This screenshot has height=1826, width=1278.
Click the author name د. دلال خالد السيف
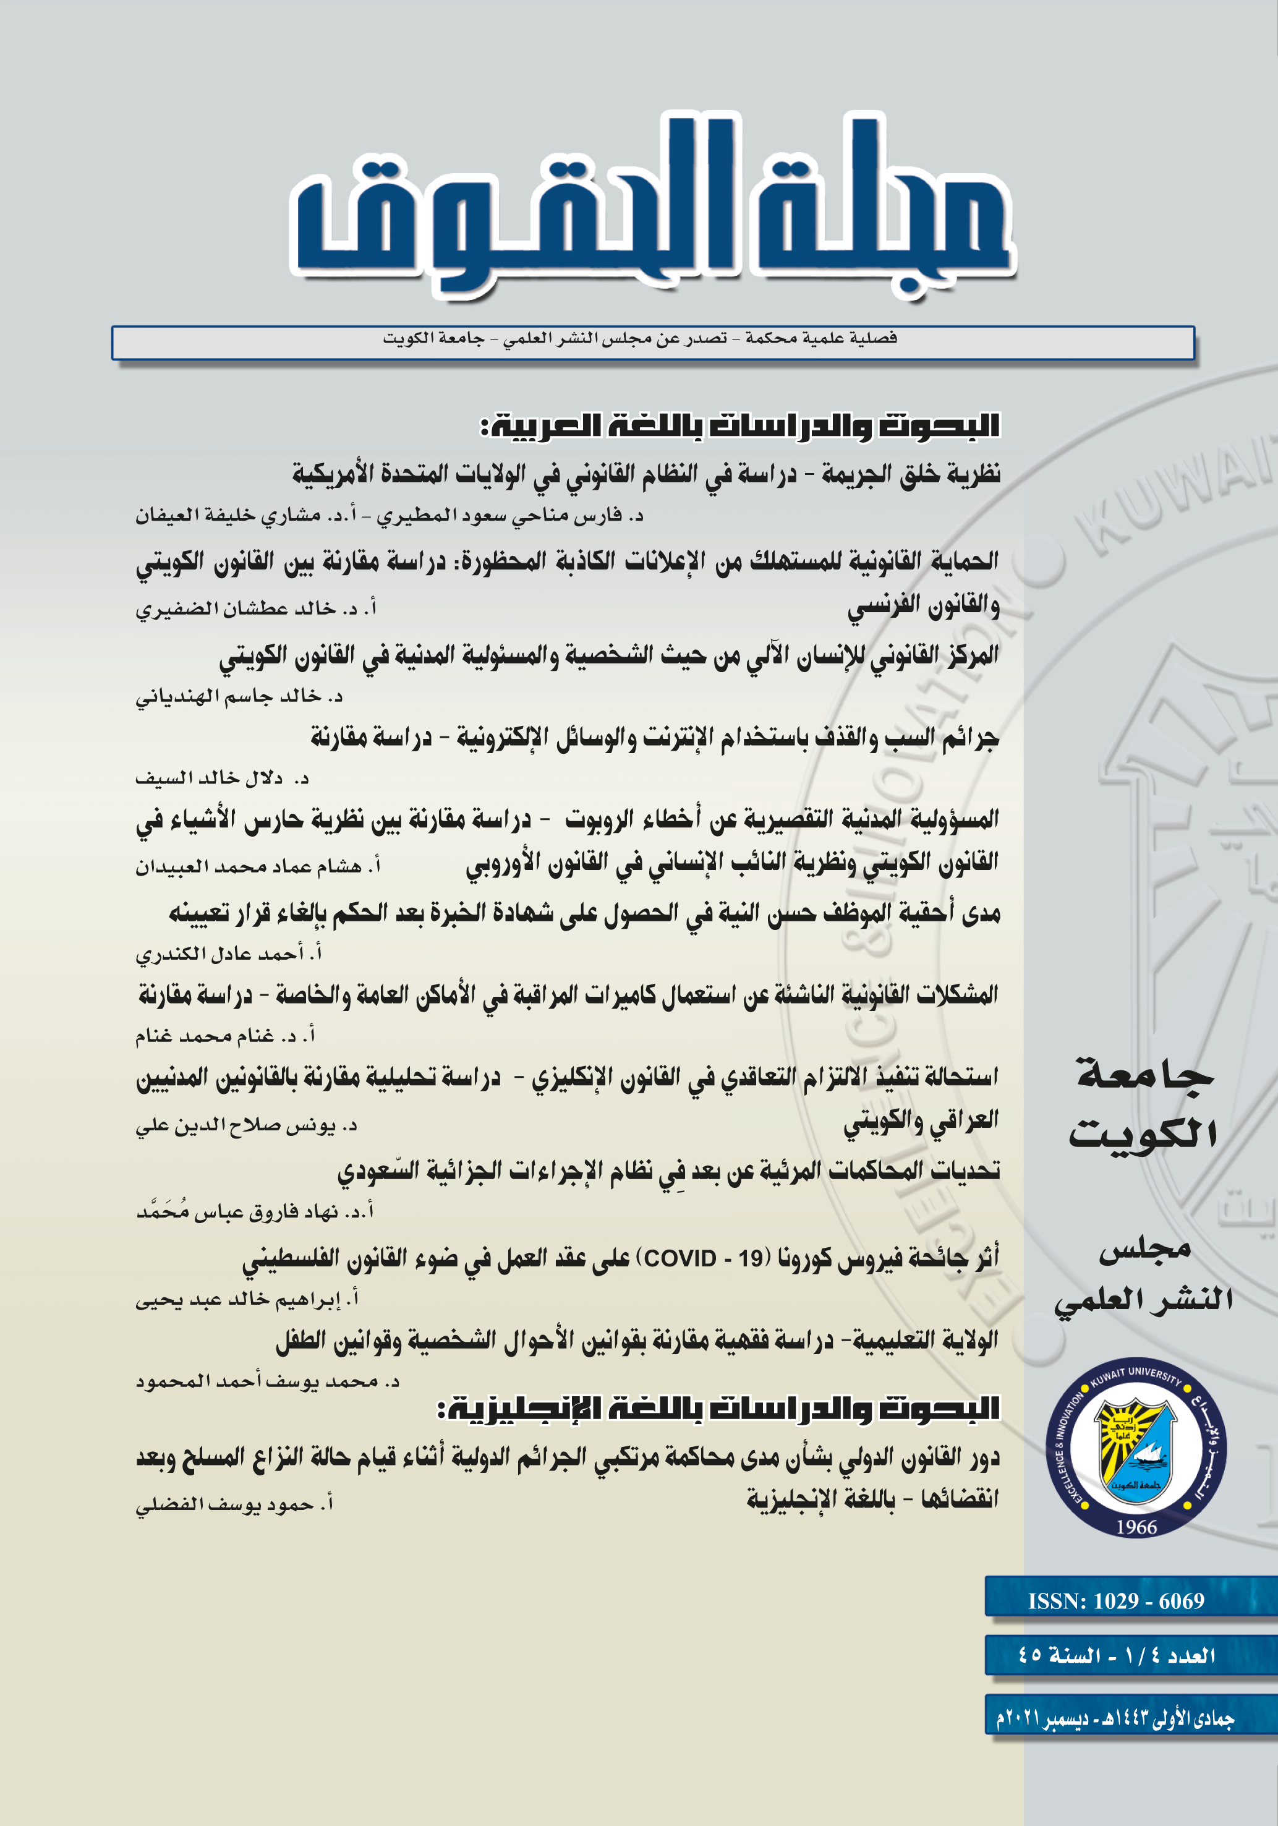coord(222,778)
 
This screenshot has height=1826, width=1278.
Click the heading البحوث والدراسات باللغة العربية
coord(739,425)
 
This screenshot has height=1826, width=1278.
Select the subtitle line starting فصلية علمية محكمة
coord(639,338)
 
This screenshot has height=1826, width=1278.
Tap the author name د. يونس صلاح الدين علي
coord(247,1125)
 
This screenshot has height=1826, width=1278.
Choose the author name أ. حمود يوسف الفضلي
coord(234,1504)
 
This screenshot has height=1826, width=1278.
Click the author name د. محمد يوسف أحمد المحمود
coord(267,1381)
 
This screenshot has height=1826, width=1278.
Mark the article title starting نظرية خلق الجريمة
coord(645,474)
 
